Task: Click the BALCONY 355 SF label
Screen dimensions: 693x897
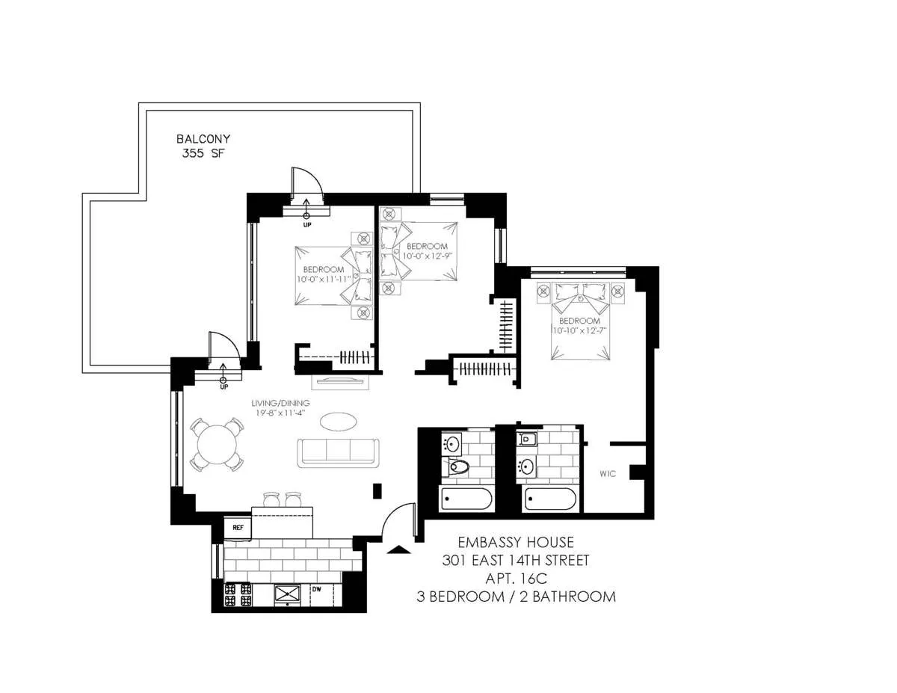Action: tap(203, 146)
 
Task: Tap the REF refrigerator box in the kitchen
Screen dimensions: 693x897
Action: tap(238, 527)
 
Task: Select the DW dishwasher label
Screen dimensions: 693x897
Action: tap(316, 590)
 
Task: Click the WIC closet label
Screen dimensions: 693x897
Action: tap(607, 475)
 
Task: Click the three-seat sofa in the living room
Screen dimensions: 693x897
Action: tap(337, 452)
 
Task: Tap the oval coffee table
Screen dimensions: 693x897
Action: tap(339, 422)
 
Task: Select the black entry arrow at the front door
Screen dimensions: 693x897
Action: tap(401, 550)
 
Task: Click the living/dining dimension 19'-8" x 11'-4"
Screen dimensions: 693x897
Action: tap(280, 410)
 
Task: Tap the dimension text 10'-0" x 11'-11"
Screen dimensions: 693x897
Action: tap(324, 279)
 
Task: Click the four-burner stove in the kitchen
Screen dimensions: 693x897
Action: tap(238, 594)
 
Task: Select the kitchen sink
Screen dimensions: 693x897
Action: tap(288, 594)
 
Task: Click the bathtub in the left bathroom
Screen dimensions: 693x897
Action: tap(466, 499)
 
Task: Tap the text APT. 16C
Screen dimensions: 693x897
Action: tap(517, 578)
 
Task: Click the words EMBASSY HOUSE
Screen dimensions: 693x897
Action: tap(517, 542)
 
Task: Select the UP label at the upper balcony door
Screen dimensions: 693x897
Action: tap(306, 224)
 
